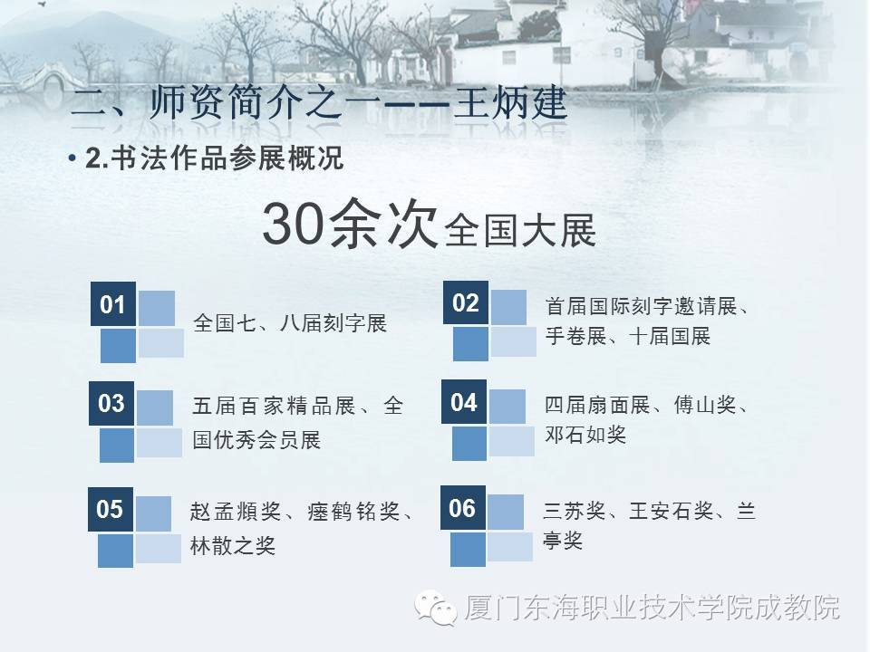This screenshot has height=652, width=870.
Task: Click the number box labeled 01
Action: point(112,305)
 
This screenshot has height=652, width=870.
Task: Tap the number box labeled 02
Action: point(466,302)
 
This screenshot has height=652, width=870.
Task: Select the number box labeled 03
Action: point(111,403)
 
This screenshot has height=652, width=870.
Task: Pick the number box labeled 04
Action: point(464,402)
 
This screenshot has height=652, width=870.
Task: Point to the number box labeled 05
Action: point(110,509)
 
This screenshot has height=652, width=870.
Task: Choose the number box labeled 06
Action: point(462,508)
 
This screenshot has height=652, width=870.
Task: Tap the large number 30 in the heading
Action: point(292,225)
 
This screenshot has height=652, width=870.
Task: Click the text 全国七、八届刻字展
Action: point(290,323)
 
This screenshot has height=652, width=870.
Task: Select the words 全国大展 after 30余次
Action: point(521,231)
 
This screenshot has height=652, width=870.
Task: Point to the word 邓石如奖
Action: point(585,435)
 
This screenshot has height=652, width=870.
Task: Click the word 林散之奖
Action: point(233,545)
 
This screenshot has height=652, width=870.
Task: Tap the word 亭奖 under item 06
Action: point(563,542)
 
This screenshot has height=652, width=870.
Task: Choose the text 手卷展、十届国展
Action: point(628,337)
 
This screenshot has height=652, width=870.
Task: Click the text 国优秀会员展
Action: point(256,441)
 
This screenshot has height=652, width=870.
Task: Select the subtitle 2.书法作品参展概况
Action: point(214,160)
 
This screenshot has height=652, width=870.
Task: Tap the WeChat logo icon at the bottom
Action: point(437,604)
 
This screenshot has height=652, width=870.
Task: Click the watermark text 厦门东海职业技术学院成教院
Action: point(652,606)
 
